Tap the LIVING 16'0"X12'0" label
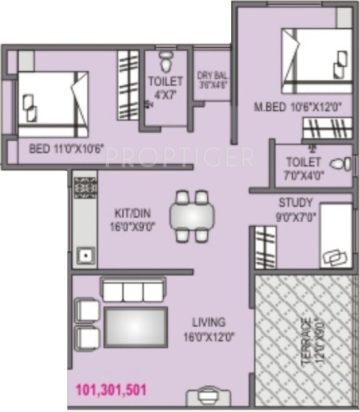point(208,328)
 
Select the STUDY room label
point(295,209)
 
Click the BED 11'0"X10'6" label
point(67,148)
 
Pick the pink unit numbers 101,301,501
point(111,390)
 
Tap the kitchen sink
point(85,255)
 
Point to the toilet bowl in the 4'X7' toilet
point(166,62)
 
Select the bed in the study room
point(335,236)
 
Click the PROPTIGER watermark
point(179,156)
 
